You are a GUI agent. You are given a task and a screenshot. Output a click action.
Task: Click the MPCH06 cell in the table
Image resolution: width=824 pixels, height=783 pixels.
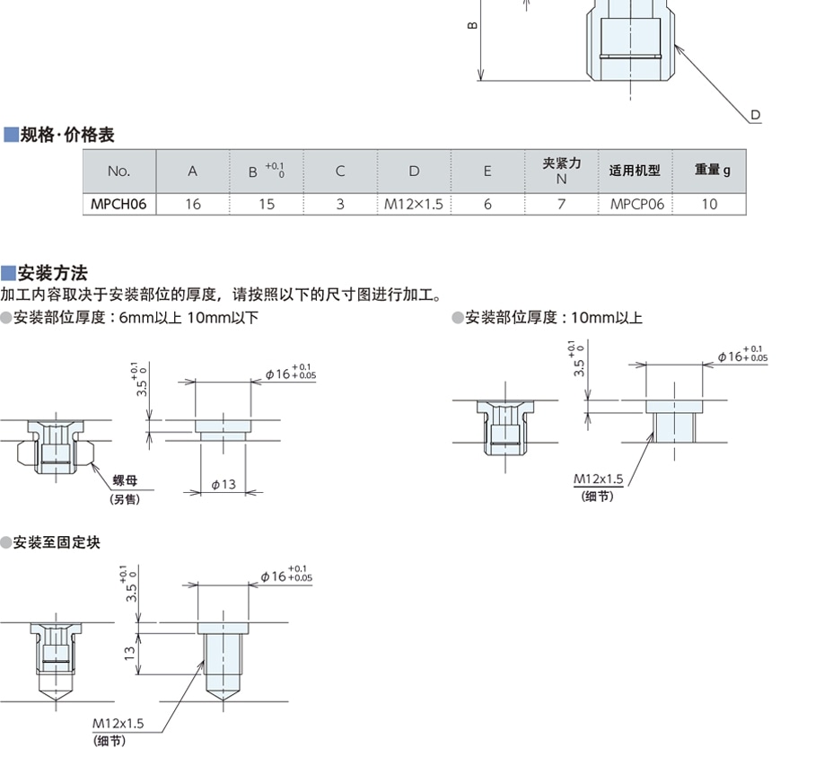click(x=118, y=204)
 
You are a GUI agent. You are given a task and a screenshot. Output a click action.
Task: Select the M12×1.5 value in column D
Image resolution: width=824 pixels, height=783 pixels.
click(x=414, y=204)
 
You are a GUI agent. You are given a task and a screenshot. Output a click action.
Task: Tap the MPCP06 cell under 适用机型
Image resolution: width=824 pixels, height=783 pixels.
click(x=636, y=204)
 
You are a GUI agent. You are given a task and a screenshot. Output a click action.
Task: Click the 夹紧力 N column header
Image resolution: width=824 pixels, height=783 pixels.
click(x=562, y=170)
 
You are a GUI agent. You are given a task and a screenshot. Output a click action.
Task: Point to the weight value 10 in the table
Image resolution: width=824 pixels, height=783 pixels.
click(x=709, y=204)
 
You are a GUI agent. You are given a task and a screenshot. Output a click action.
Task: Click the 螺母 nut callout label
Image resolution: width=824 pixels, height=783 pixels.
click(x=125, y=482)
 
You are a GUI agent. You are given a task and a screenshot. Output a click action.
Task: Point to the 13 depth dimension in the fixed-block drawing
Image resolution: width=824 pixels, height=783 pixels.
click(x=129, y=652)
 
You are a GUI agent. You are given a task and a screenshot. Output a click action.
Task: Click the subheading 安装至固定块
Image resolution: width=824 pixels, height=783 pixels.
click(x=57, y=542)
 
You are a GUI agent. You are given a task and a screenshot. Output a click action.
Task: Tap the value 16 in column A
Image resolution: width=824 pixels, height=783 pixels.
click(x=193, y=204)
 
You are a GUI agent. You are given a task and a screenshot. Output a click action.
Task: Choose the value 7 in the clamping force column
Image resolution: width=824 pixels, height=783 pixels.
click(x=561, y=204)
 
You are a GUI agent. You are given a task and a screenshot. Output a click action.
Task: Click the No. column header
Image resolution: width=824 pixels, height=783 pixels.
click(x=118, y=171)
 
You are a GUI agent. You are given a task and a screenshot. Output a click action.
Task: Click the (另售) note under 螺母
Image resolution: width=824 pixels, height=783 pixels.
click(x=125, y=499)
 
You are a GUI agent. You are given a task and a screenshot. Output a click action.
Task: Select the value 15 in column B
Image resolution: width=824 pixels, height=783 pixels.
click(x=267, y=204)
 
